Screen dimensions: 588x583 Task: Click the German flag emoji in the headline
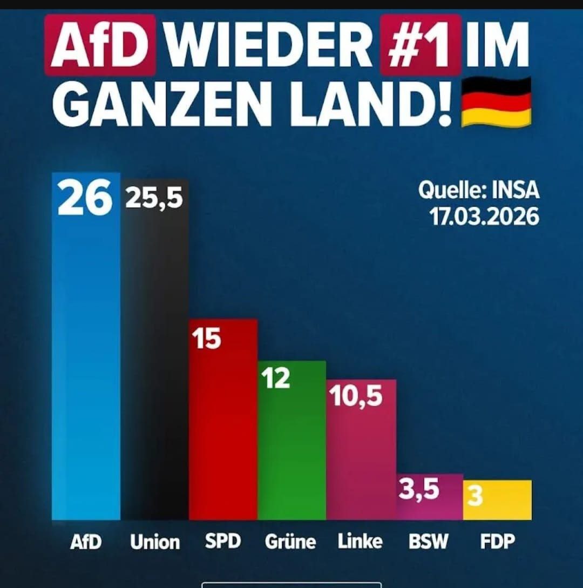pyautogui.click(x=496, y=102)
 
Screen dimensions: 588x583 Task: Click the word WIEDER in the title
pyautogui.click(x=268, y=44)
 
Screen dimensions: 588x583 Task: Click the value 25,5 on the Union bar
pyautogui.click(x=154, y=198)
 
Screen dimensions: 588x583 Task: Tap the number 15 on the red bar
pyautogui.click(x=207, y=339)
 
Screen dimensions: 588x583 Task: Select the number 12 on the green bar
pyautogui.click(x=276, y=379)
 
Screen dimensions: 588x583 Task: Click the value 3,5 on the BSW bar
pyautogui.click(x=419, y=490)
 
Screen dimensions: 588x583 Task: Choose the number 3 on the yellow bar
pyautogui.click(x=474, y=497)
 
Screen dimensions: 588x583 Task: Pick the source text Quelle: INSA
pyautogui.click(x=478, y=191)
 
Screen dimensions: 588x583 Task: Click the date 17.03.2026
pyautogui.click(x=484, y=217)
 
